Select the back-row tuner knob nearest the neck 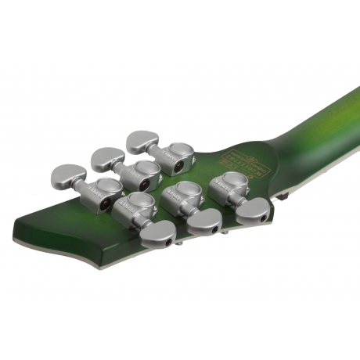click(x=143, y=142)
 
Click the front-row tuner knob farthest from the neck click(x=157, y=232)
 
